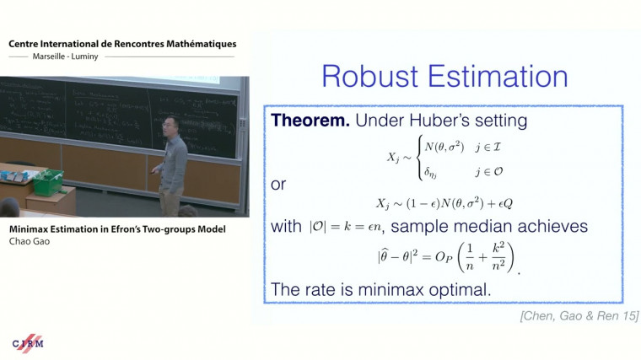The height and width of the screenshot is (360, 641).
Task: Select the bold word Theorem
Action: [310, 121]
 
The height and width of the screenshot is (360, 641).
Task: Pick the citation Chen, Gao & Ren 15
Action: [579, 315]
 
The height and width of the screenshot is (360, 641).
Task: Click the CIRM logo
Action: [28, 343]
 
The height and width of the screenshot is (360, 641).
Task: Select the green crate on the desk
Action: [46, 180]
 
